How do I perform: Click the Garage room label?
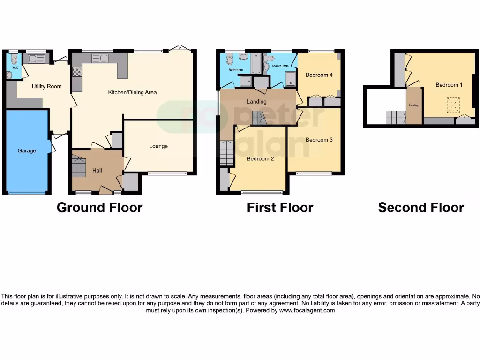(27, 151)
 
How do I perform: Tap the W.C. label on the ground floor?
(9, 67)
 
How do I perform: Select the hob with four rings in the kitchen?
(77, 72)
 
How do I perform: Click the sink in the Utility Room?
(36, 59)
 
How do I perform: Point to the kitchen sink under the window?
(100, 58)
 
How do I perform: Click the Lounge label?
(158, 146)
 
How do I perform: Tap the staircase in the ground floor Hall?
(79, 167)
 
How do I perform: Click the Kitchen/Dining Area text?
(132, 92)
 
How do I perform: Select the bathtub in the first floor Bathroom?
(255, 64)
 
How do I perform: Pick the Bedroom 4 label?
(319, 75)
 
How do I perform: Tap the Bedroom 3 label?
(319, 140)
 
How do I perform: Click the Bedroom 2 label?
(260, 159)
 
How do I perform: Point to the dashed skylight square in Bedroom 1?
(453, 103)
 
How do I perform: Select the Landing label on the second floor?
(413, 105)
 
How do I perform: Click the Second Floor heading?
(420, 208)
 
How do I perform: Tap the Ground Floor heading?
(99, 208)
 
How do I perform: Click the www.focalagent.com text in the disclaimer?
(307, 310)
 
